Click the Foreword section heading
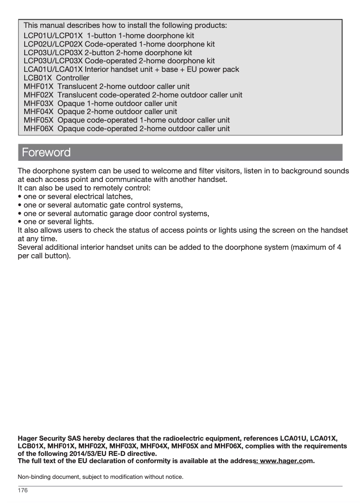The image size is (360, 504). point(46,152)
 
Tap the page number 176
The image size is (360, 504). point(22,491)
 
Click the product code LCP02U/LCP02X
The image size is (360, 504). point(53,44)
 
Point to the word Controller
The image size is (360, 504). point(74,78)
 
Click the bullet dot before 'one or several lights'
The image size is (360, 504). point(19,222)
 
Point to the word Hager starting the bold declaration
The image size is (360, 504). point(27,438)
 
